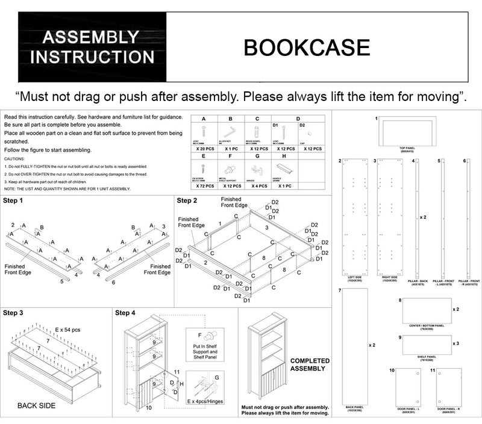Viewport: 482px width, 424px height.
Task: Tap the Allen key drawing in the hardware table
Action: coord(230,131)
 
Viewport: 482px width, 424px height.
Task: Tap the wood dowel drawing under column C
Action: coord(256,131)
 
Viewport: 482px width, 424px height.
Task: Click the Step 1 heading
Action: coord(13,200)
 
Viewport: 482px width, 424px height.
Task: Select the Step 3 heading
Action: coord(13,313)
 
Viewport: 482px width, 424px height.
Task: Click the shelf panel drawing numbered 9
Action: coord(426,345)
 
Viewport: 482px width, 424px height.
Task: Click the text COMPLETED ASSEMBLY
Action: coord(310,365)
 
